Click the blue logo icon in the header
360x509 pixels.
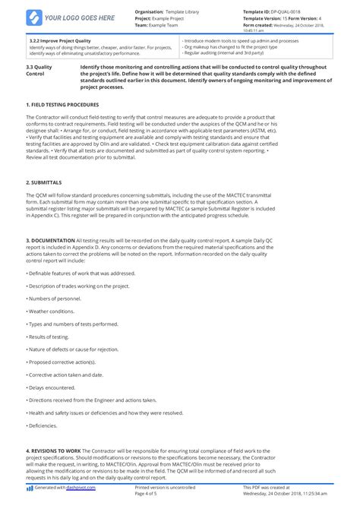coord(34,17)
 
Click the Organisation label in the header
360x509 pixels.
coord(151,12)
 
